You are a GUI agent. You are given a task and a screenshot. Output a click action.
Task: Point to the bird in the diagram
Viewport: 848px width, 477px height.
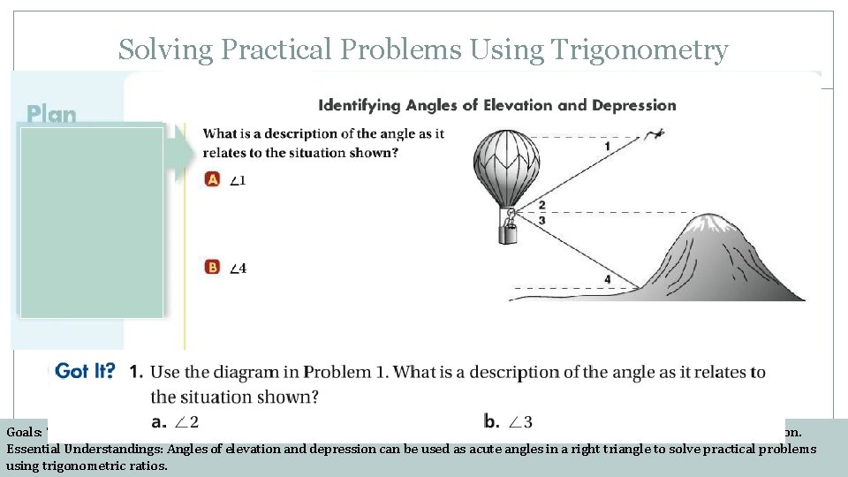pyautogui.click(x=655, y=134)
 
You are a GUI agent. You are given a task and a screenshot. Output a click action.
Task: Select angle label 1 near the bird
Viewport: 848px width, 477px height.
pyautogui.click(x=607, y=145)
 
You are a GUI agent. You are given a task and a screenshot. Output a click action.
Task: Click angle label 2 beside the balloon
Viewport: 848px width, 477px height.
pyautogui.click(x=541, y=206)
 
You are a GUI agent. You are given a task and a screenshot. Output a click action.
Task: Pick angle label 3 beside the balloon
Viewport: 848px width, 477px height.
pyautogui.click(x=541, y=219)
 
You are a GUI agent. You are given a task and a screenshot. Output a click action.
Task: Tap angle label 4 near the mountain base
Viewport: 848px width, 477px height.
pyautogui.click(x=607, y=279)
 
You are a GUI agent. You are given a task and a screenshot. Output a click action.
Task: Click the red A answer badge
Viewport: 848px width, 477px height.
pyautogui.click(x=212, y=179)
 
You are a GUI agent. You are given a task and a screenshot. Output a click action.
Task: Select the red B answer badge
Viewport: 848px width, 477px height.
pyautogui.click(x=212, y=267)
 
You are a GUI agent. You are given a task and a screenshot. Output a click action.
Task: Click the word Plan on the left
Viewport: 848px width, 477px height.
pyautogui.click(x=51, y=114)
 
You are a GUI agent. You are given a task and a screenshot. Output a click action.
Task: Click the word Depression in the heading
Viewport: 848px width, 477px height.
pyautogui.click(x=633, y=105)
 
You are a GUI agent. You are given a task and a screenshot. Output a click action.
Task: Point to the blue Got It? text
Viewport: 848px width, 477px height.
pyautogui.click(x=85, y=371)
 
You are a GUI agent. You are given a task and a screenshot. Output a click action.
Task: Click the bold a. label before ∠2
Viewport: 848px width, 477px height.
pyautogui.click(x=160, y=421)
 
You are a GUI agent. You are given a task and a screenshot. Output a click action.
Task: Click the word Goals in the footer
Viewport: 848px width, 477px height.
pyautogui.click(x=21, y=433)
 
